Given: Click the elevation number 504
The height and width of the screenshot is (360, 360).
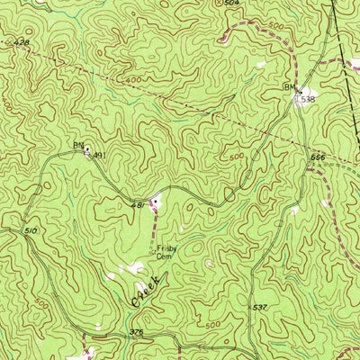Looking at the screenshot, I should [x=232, y=4].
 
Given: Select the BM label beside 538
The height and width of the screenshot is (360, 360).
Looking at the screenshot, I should [x=289, y=87].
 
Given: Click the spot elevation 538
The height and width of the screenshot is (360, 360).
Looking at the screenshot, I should [x=309, y=97].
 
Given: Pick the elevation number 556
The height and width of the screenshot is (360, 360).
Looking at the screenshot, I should [x=318, y=157].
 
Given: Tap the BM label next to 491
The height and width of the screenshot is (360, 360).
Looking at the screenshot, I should [x=77, y=144].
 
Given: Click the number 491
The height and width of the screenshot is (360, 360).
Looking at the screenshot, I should [x=99, y=155].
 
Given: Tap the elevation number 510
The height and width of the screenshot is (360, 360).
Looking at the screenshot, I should [x=31, y=231].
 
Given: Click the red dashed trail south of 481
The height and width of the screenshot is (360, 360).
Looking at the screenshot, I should [x=153, y=216].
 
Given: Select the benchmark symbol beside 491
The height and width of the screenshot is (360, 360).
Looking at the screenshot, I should [x=87, y=152].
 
